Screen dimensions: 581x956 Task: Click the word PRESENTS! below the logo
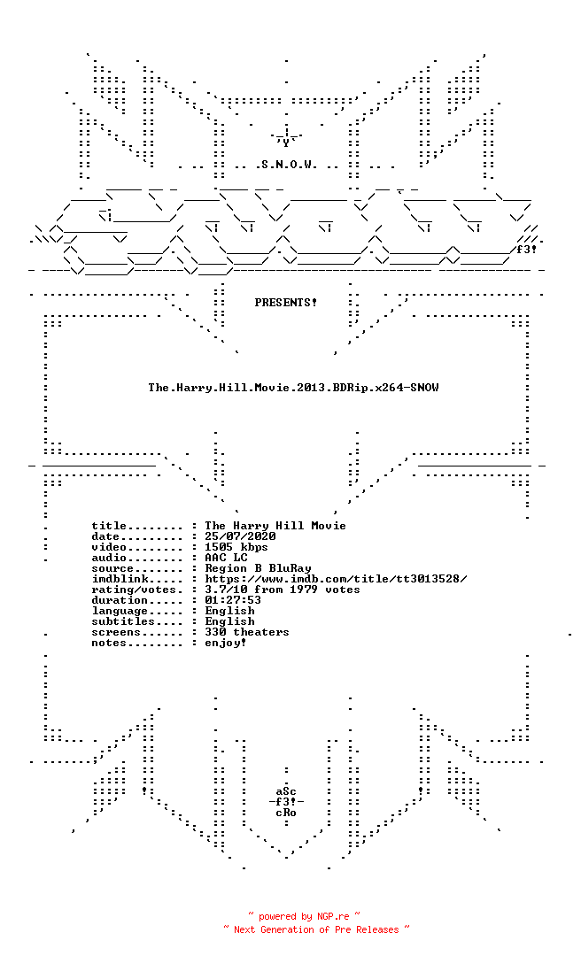coord(285,303)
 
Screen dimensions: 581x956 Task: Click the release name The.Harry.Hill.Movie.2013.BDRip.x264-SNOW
coord(293,388)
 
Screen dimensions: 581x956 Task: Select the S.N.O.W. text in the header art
coord(285,165)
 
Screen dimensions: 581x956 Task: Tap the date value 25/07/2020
coord(240,536)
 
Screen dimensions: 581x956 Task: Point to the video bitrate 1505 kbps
coord(236,547)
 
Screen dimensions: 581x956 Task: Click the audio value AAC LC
coord(226,558)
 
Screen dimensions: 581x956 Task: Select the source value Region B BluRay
coord(258,568)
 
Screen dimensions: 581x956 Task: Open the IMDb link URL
coord(336,579)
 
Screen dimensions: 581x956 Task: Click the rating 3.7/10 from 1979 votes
coord(282,590)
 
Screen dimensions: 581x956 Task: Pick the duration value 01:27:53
coord(233,600)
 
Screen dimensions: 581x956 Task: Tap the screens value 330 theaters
coord(246,632)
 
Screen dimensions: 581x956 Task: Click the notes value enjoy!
coord(226,643)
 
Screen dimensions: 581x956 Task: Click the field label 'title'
coord(109,526)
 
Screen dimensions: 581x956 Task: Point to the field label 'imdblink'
coord(120,579)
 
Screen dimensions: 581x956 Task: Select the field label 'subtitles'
coord(123,621)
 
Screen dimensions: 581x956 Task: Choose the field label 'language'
coord(120,611)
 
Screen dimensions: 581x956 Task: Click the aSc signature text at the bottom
coord(285,791)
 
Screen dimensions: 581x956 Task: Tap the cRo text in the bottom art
coord(285,813)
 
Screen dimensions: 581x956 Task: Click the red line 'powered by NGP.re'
coord(304,916)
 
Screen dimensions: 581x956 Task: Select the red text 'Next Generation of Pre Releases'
coord(316,929)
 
